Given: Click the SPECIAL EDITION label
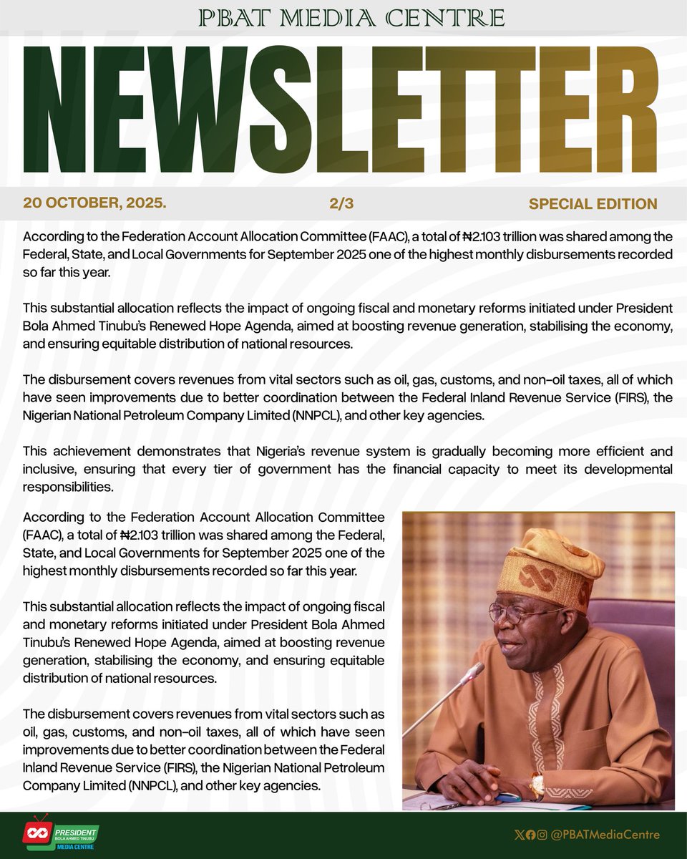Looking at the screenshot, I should point(593,204).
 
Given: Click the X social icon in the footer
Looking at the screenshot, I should point(519,835).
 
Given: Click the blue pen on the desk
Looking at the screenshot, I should point(509,797).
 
